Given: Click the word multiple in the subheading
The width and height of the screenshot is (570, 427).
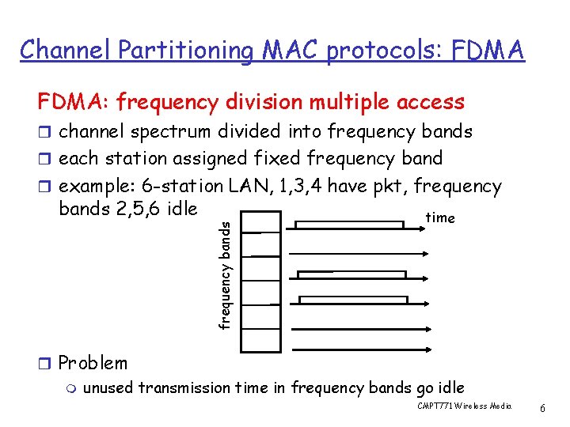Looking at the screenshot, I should [x=340, y=102].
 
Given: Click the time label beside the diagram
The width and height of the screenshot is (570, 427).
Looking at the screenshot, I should [x=440, y=217].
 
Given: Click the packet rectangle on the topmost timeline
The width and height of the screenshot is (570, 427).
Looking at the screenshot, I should [x=349, y=225].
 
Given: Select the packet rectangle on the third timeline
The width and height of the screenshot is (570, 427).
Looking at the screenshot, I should [x=351, y=274].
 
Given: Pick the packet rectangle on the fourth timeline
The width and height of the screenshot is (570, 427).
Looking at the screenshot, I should [x=353, y=300].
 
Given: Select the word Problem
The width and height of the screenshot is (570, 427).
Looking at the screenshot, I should [x=93, y=363].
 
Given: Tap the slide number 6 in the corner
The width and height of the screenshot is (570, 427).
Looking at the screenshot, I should [x=542, y=408].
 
